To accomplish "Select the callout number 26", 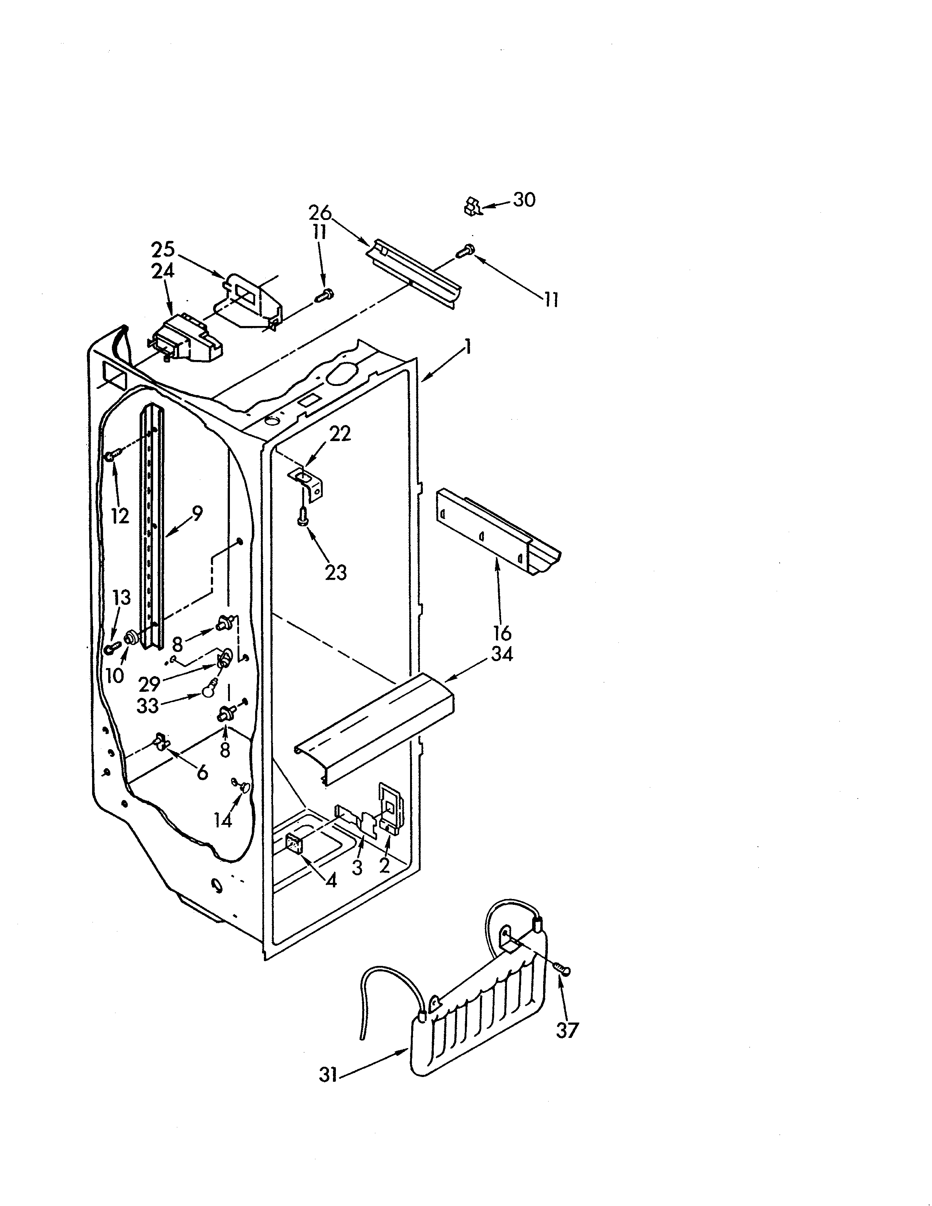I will [320, 213].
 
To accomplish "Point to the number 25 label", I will [163, 250].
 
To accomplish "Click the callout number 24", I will [163, 271].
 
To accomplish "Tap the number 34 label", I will [502, 655].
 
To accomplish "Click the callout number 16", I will [502, 633].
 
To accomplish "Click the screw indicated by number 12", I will [110, 456].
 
